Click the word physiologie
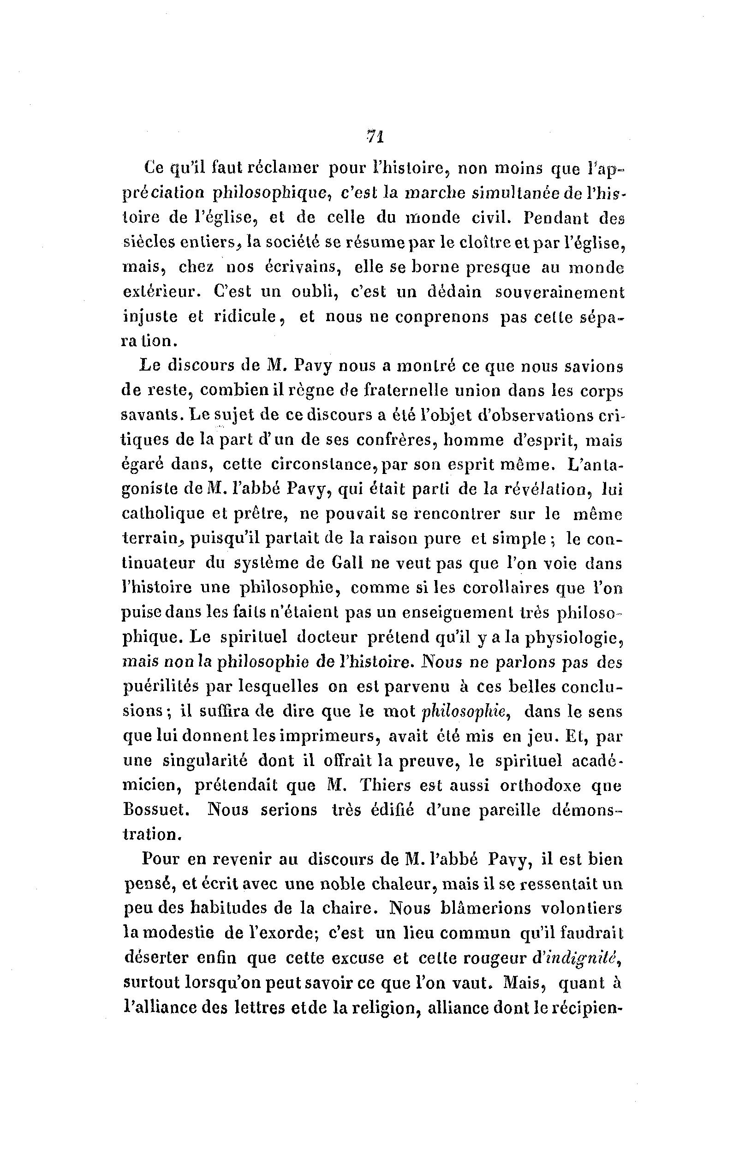point(568,638)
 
